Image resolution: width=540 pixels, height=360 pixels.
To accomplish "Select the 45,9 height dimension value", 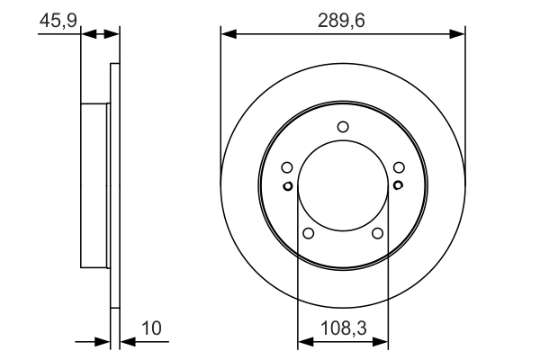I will [x=57, y=19].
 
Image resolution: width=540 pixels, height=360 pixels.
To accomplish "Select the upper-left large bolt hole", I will [x=287, y=166].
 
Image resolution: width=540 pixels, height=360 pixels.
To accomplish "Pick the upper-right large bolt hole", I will [x=398, y=166].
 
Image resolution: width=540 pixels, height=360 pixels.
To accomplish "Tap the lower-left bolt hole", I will [x=309, y=233].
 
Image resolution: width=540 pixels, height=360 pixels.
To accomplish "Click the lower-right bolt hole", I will [x=377, y=233].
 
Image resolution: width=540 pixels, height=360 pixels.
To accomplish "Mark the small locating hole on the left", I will [x=287, y=186].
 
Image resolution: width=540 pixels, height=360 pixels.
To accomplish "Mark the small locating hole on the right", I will [x=398, y=186].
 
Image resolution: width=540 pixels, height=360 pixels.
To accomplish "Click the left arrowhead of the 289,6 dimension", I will [x=228, y=34].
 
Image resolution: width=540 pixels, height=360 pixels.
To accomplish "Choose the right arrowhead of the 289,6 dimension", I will [x=458, y=34].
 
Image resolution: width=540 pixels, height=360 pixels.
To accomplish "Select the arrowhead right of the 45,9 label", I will [x=112, y=34].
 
